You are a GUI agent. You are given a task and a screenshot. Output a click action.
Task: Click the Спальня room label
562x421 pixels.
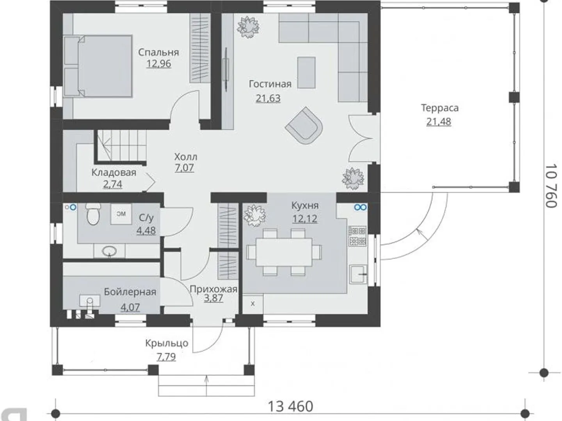click(x=158, y=52)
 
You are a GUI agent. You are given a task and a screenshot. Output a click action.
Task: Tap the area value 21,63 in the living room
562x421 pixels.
click(x=268, y=98)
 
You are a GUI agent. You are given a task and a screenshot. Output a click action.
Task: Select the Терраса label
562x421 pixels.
click(x=440, y=108)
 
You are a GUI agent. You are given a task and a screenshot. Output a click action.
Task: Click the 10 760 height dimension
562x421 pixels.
click(x=551, y=186)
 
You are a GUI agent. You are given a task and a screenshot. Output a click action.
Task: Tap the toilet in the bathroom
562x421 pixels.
click(x=92, y=214)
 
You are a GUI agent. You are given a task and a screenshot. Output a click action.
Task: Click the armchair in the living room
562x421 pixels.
click(x=304, y=126)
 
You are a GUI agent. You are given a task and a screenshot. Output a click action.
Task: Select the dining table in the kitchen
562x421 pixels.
click(x=284, y=252)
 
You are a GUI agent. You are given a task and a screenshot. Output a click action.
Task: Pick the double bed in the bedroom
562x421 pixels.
click(x=98, y=66)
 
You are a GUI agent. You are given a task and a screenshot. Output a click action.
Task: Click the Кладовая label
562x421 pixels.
click(x=114, y=173)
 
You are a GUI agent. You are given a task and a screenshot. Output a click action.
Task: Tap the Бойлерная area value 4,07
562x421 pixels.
click(x=130, y=307)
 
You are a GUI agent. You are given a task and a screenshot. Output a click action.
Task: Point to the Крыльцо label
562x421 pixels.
click(x=167, y=343)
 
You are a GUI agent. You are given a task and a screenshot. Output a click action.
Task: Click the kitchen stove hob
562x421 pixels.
click(x=357, y=236)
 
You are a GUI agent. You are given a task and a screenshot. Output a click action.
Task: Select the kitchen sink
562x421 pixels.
click(x=358, y=274)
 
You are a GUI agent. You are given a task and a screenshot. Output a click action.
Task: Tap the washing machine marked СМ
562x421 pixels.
click(x=121, y=214)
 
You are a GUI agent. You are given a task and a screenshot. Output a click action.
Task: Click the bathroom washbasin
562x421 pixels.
click(x=109, y=251)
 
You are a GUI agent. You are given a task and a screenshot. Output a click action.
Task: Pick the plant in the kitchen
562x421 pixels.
click(x=254, y=216)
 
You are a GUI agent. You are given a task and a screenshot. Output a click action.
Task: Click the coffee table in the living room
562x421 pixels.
click(x=306, y=73)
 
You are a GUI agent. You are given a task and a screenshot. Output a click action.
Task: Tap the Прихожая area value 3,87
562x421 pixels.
click(x=213, y=298)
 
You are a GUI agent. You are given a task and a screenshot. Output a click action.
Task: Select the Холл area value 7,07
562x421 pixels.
click(x=184, y=168)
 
